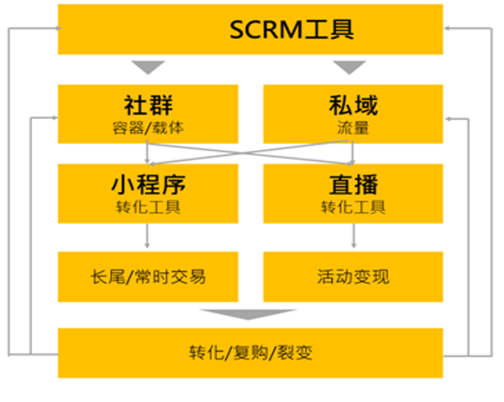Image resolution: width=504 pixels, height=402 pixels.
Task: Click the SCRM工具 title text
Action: point(292,30)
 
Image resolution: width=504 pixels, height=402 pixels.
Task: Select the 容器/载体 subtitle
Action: point(148,127)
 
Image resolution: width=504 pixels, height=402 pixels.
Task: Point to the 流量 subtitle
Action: point(353,127)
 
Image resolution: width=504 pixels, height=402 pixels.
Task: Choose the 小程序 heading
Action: point(148,184)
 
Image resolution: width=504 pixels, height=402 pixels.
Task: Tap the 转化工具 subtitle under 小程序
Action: point(148,206)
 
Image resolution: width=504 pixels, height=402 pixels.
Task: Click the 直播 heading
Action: point(353,184)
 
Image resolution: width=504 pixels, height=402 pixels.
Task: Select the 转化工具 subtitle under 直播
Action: point(353,206)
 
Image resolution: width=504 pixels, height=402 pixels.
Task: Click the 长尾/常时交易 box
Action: point(148,276)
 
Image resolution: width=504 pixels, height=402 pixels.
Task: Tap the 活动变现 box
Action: point(353,276)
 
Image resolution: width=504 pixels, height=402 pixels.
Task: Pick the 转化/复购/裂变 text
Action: point(251,352)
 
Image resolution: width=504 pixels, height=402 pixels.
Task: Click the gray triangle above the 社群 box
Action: point(148,67)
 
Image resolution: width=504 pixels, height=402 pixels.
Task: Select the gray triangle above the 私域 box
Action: point(349,67)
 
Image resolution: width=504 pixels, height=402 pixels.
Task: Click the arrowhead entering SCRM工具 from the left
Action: point(54,28)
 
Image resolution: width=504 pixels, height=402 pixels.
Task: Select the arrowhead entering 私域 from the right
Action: point(448,117)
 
